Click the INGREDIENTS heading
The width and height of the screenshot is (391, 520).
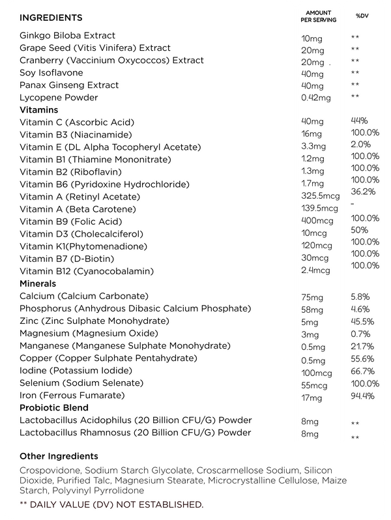pyautogui.click(x=51, y=17)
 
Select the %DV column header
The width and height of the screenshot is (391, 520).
pyautogui.click(x=362, y=16)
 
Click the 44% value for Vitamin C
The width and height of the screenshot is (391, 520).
pyautogui.click(x=360, y=121)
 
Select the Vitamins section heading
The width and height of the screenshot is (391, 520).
pyautogui.click(x=38, y=110)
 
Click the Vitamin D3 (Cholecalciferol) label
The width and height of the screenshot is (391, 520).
pyautogui.click(x=81, y=234)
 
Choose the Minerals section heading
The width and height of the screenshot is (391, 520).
pyautogui.click(x=38, y=283)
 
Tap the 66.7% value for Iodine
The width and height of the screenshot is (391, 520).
pyautogui.click(x=362, y=371)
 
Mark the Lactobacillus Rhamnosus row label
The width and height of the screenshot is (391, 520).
pyautogui.click(x=136, y=433)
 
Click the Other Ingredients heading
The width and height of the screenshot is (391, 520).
pyautogui.click(x=59, y=456)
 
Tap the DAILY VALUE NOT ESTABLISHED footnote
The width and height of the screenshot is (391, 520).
pyautogui.click(x=111, y=504)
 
